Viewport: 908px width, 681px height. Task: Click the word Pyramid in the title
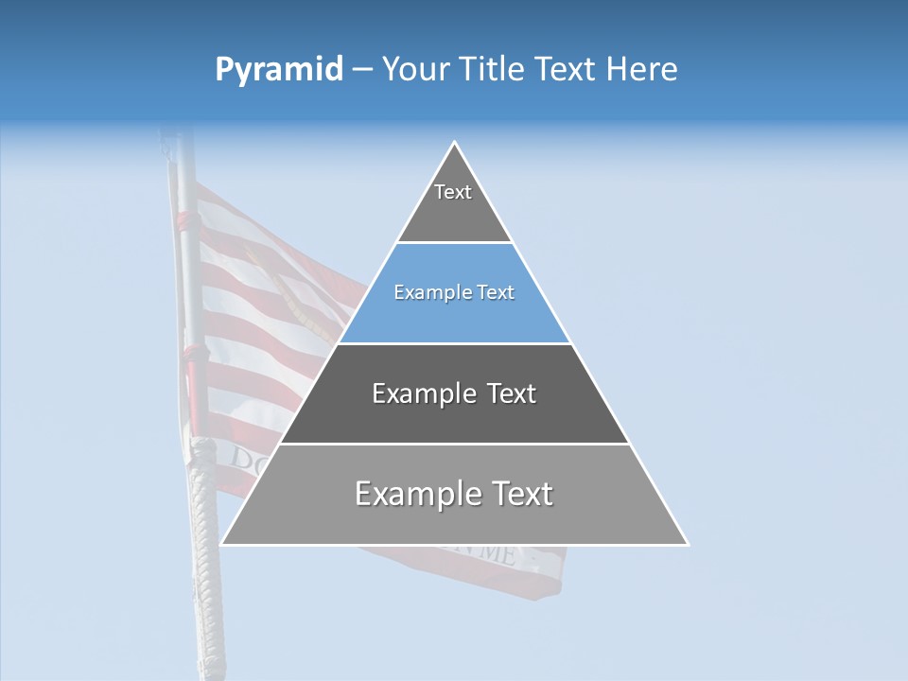pyautogui.click(x=279, y=70)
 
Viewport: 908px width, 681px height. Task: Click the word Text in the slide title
pyautogui.click(x=566, y=70)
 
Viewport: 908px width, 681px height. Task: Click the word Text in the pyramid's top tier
pyautogui.click(x=453, y=192)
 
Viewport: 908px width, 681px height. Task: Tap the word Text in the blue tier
pyautogui.click(x=496, y=293)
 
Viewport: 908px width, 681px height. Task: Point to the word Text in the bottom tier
pyautogui.click(x=521, y=494)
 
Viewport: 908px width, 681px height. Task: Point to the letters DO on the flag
pyautogui.click(x=245, y=460)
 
